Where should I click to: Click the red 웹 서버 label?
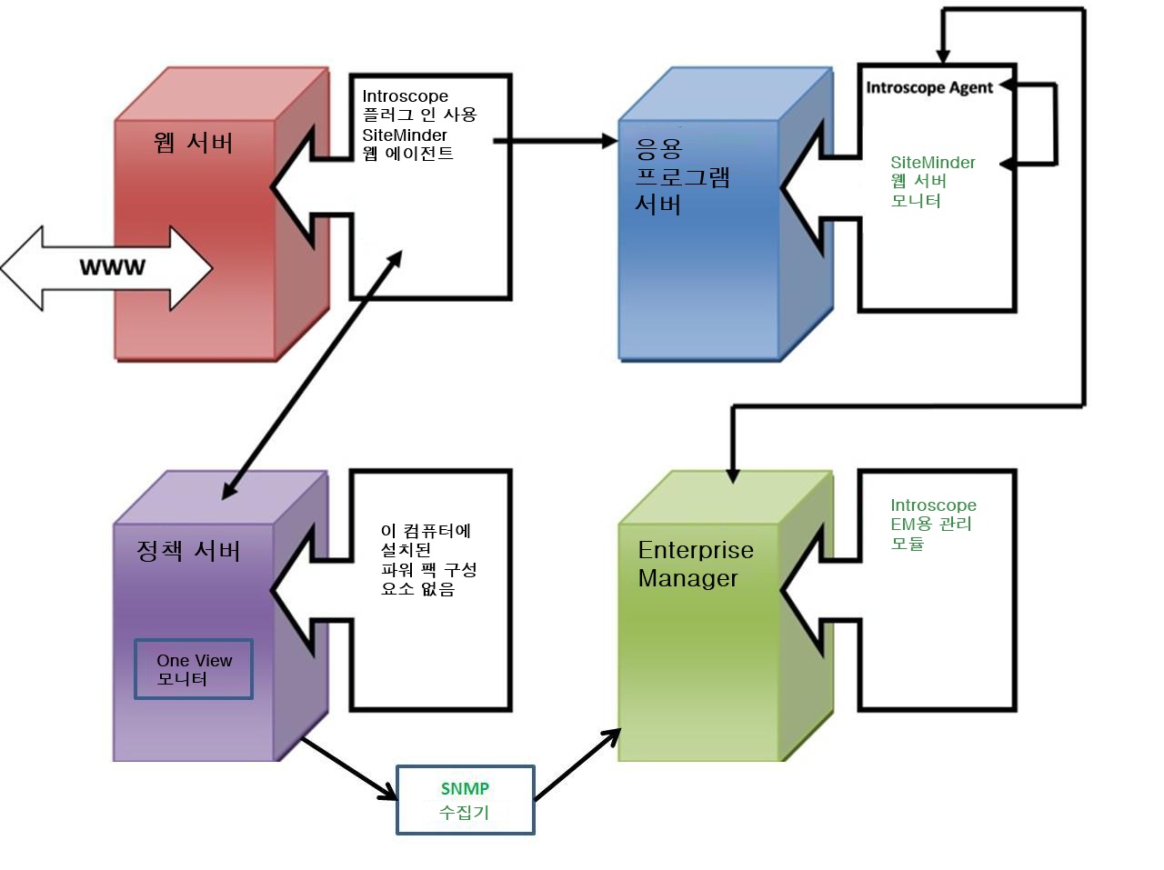[x=194, y=143]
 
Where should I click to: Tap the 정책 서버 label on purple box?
[x=188, y=551]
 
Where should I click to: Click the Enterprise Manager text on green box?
[x=696, y=564]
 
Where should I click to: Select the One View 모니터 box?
[x=194, y=669]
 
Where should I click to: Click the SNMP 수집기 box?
[x=466, y=800]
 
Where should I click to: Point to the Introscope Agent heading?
[x=928, y=87]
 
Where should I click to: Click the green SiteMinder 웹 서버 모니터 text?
[x=932, y=181]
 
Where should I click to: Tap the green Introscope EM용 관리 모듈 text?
[x=932, y=524]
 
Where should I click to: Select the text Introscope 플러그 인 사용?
[x=418, y=105]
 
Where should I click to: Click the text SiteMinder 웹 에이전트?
[x=406, y=144]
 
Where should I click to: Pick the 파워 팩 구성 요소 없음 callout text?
[x=427, y=560]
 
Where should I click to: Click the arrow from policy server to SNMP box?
[x=350, y=768]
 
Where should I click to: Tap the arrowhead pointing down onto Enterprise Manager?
[x=733, y=475]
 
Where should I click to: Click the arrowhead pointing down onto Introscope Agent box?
[x=943, y=55]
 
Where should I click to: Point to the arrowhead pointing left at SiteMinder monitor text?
[x=1008, y=164]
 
